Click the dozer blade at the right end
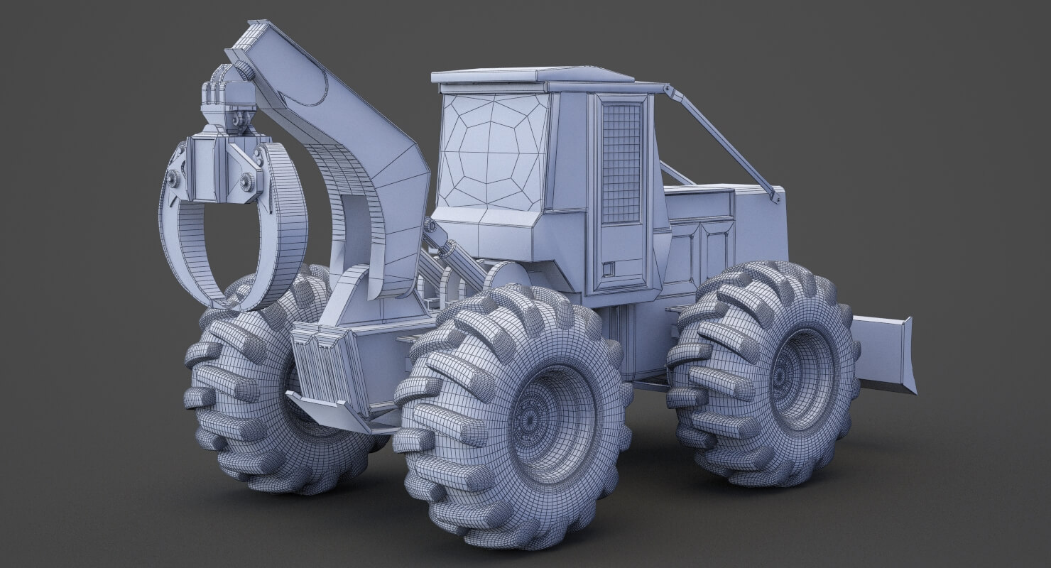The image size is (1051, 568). point(884,354)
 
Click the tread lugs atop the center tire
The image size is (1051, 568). point(511,312)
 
